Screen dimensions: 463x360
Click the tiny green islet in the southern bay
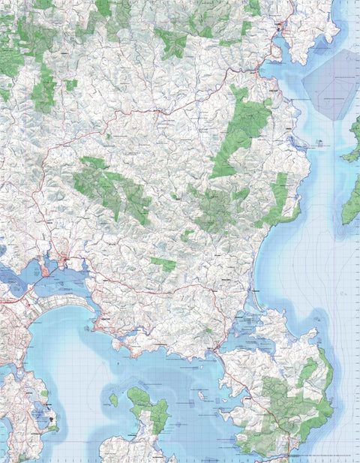tap(113, 399)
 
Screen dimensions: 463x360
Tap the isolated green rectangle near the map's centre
tap(163, 263)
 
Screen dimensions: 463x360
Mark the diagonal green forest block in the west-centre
tap(112, 188)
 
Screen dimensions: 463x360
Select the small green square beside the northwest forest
tap(70, 85)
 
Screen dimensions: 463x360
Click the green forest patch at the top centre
tap(172, 43)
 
